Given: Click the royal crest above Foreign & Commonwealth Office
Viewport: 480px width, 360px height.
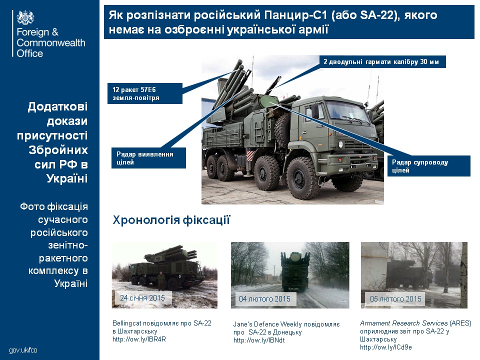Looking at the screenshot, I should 26,17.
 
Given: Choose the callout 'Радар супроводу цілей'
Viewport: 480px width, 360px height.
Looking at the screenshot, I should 428,166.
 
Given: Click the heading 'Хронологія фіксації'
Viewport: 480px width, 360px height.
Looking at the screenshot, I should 171,220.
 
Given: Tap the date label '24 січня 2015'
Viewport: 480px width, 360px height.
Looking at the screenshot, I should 142,298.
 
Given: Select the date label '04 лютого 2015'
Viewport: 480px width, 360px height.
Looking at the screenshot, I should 264,299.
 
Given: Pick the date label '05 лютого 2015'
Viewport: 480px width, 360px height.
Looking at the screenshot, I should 396,299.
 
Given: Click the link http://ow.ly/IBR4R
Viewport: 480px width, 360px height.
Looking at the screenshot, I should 139,339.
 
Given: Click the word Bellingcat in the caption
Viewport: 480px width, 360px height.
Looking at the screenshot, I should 126,323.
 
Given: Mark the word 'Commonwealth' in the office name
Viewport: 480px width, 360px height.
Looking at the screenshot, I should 51,43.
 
